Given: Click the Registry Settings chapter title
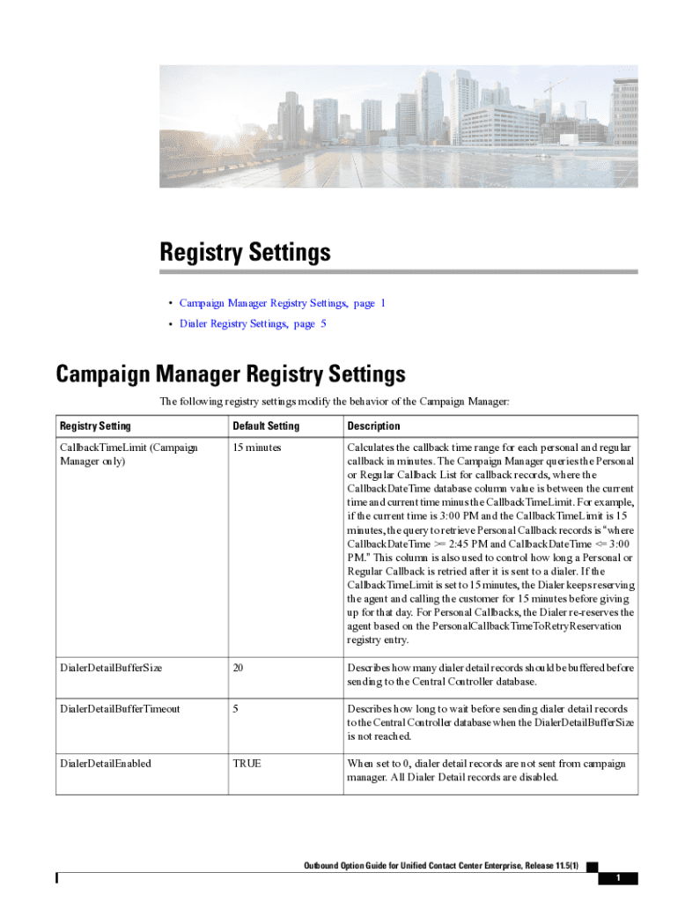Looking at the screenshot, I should coord(245,253).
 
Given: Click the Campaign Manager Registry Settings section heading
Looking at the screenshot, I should coord(231,373).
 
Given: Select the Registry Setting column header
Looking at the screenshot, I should coord(95,426).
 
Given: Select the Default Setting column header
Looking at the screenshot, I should coord(266,426).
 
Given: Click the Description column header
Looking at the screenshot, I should coord(373,426).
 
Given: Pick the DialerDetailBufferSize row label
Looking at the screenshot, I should coord(111,668).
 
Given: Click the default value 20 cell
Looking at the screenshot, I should coord(238,668).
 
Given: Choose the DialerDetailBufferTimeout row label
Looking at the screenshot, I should coord(120,708).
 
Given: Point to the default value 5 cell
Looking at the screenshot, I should coord(235,708).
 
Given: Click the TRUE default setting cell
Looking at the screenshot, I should coord(247,763).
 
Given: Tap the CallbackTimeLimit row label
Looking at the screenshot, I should coord(129,454).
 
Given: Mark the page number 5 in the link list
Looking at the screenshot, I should coord(323,323).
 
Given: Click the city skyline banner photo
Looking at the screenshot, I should coord(398,129).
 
